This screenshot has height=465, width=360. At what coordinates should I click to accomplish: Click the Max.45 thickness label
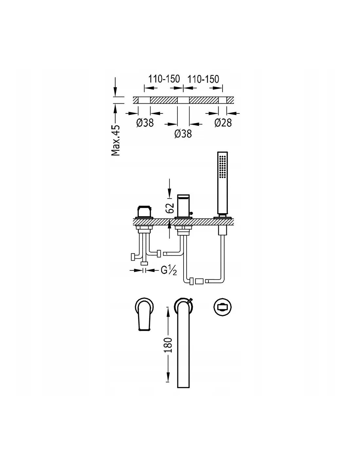pyautogui.click(x=116, y=140)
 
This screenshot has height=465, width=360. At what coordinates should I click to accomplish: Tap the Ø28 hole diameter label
pyautogui.click(x=223, y=123)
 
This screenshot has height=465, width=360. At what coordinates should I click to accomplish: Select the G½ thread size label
pyautogui.click(x=169, y=270)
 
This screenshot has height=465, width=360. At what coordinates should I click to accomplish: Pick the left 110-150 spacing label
pyautogui.click(x=164, y=79)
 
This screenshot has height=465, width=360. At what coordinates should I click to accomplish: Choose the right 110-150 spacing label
pyautogui.click(x=203, y=79)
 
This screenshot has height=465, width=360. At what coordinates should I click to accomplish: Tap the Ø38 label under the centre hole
pyautogui.click(x=183, y=134)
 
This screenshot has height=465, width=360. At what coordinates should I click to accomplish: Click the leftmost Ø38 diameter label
pyautogui.click(x=145, y=123)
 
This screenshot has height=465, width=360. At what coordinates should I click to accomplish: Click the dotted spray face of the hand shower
pyautogui.click(x=223, y=166)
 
